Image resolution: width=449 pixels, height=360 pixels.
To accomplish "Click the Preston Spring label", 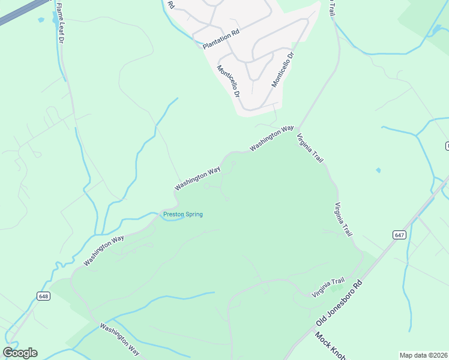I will [183, 214].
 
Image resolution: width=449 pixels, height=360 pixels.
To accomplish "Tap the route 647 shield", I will [400, 235].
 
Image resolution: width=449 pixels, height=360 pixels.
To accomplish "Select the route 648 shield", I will [43, 296].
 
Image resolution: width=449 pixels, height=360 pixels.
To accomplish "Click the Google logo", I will [20, 353].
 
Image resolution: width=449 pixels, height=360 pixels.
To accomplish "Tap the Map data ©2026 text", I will [424, 355].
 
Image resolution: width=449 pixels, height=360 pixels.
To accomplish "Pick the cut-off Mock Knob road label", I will [330, 347].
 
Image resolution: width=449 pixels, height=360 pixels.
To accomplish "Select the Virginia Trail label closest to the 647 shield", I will [344, 219].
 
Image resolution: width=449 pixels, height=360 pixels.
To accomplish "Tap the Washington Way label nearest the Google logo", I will [119, 340].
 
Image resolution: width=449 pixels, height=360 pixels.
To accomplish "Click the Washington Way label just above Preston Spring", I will [197, 179].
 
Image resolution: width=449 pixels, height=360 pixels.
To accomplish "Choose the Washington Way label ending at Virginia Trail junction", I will [272, 138].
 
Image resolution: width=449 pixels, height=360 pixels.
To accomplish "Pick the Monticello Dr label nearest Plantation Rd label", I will [229, 82].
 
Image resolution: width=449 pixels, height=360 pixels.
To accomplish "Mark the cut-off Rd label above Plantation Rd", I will [171, 5].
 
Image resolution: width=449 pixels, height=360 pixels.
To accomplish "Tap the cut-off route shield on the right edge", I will [447, 146].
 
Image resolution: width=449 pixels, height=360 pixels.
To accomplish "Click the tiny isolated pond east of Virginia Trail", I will [378, 170].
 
